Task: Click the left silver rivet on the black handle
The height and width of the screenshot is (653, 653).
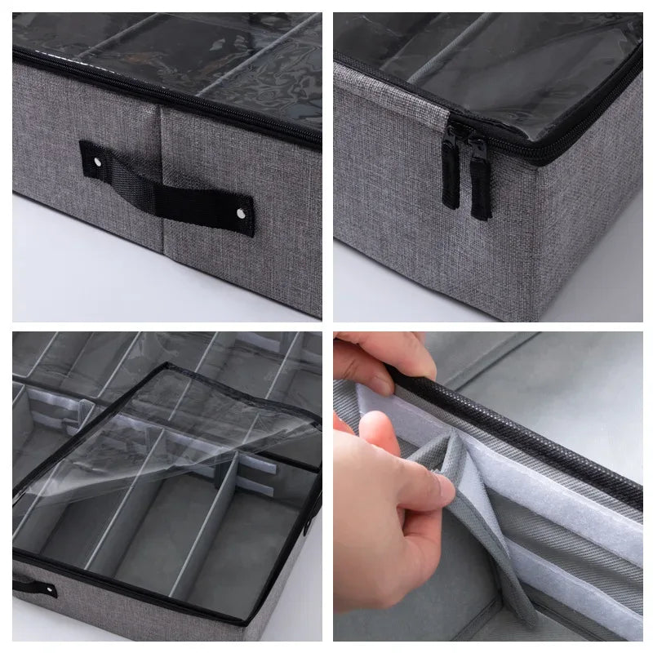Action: (x=99, y=165)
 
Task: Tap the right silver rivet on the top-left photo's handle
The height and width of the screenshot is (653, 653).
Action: (x=241, y=213)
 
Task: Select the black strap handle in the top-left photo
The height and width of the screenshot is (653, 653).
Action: (x=167, y=190)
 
